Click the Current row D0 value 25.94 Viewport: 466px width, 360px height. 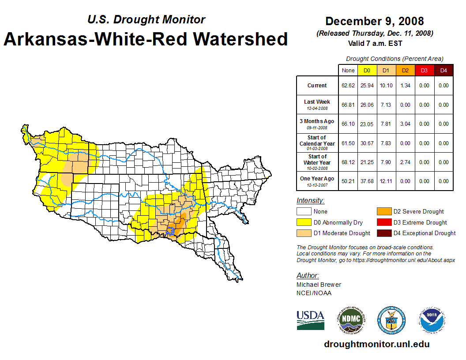point(367,86)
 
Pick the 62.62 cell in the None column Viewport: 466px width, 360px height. point(348,86)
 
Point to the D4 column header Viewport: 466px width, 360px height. point(443,71)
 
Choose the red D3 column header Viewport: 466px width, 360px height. point(424,71)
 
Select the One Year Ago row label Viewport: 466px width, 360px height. point(317,179)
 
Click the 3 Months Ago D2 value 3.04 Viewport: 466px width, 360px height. point(405,124)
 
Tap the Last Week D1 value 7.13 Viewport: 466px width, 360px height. point(386,105)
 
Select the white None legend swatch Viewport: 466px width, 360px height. point(304,212)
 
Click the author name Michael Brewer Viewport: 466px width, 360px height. point(319,285)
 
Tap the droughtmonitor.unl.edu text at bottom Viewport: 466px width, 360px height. point(376,344)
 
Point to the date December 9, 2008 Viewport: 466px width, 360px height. point(375,21)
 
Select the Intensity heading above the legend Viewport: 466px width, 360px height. point(310,201)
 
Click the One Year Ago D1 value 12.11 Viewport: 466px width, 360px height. point(386,181)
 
